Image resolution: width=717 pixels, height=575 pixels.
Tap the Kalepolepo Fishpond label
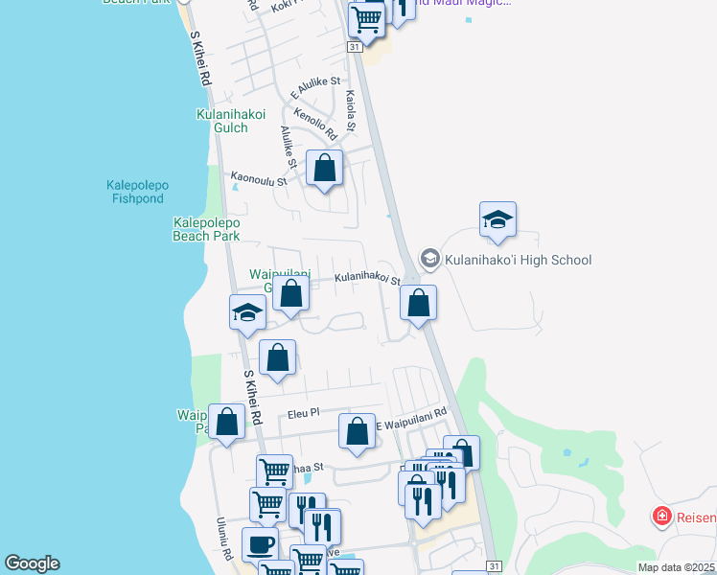point(136,192)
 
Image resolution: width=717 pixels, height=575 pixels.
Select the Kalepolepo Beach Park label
point(206,228)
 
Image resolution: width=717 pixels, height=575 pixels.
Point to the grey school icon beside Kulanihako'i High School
point(429,259)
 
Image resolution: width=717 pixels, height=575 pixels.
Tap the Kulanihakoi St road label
point(366,278)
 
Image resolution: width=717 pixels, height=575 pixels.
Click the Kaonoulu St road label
point(259,177)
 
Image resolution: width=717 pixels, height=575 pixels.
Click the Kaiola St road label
point(351,111)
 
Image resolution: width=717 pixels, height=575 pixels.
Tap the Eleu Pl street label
point(303,415)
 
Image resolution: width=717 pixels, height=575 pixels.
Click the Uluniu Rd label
point(222,540)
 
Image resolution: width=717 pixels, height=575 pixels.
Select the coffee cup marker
point(260,544)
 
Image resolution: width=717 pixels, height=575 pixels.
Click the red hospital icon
point(661,517)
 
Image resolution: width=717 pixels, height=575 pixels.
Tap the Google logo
point(33,563)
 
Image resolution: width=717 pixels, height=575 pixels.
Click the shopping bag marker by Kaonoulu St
point(325,169)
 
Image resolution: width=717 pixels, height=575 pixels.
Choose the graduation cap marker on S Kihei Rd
point(247,312)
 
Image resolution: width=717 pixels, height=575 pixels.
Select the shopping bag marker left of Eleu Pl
point(227,423)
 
